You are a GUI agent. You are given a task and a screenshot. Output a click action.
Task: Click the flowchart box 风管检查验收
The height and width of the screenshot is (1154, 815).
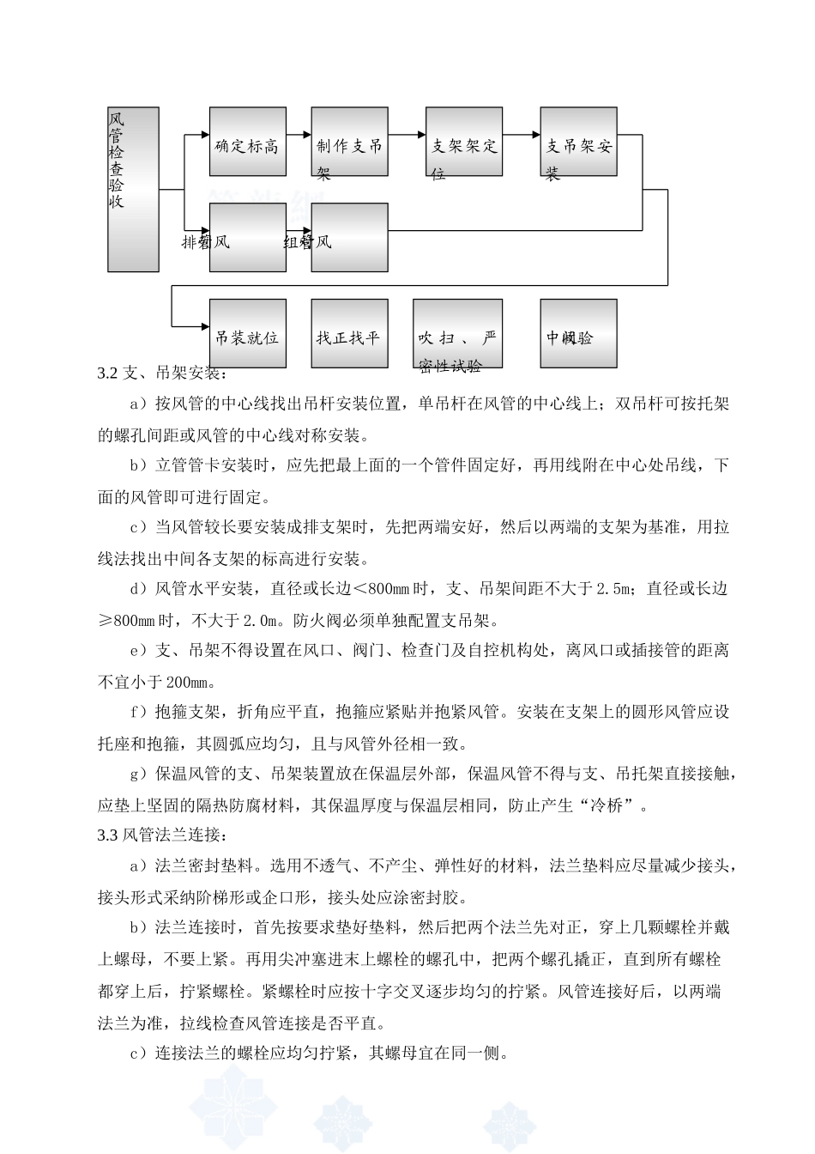click(133, 189)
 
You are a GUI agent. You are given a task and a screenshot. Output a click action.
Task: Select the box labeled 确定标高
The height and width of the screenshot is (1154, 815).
click(247, 142)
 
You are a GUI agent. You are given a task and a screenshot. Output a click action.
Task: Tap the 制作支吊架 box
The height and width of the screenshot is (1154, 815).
click(349, 142)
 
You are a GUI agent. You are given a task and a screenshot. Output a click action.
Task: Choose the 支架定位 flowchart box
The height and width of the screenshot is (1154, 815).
click(464, 142)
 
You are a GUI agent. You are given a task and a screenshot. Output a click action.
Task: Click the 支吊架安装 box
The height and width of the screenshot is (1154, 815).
click(578, 142)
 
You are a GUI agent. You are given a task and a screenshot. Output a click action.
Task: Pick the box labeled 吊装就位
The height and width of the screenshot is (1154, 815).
click(247, 334)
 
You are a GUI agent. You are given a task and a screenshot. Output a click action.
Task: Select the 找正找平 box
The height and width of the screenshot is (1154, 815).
click(349, 334)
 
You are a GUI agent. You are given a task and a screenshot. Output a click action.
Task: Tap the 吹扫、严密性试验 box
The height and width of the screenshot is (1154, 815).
click(457, 334)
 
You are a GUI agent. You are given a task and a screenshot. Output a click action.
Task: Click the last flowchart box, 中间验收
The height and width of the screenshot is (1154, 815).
click(578, 334)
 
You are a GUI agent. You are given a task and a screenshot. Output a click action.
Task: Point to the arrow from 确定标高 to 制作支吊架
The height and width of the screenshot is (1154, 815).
click(298, 134)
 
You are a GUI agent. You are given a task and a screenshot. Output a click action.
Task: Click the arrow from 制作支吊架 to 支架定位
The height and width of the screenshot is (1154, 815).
click(407, 134)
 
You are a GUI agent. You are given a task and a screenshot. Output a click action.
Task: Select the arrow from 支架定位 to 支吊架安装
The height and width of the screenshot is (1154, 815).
click(522, 134)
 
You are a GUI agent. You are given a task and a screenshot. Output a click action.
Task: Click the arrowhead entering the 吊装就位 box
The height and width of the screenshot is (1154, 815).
click(204, 326)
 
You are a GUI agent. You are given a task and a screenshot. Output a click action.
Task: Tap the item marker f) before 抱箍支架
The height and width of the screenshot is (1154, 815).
click(140, 713)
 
